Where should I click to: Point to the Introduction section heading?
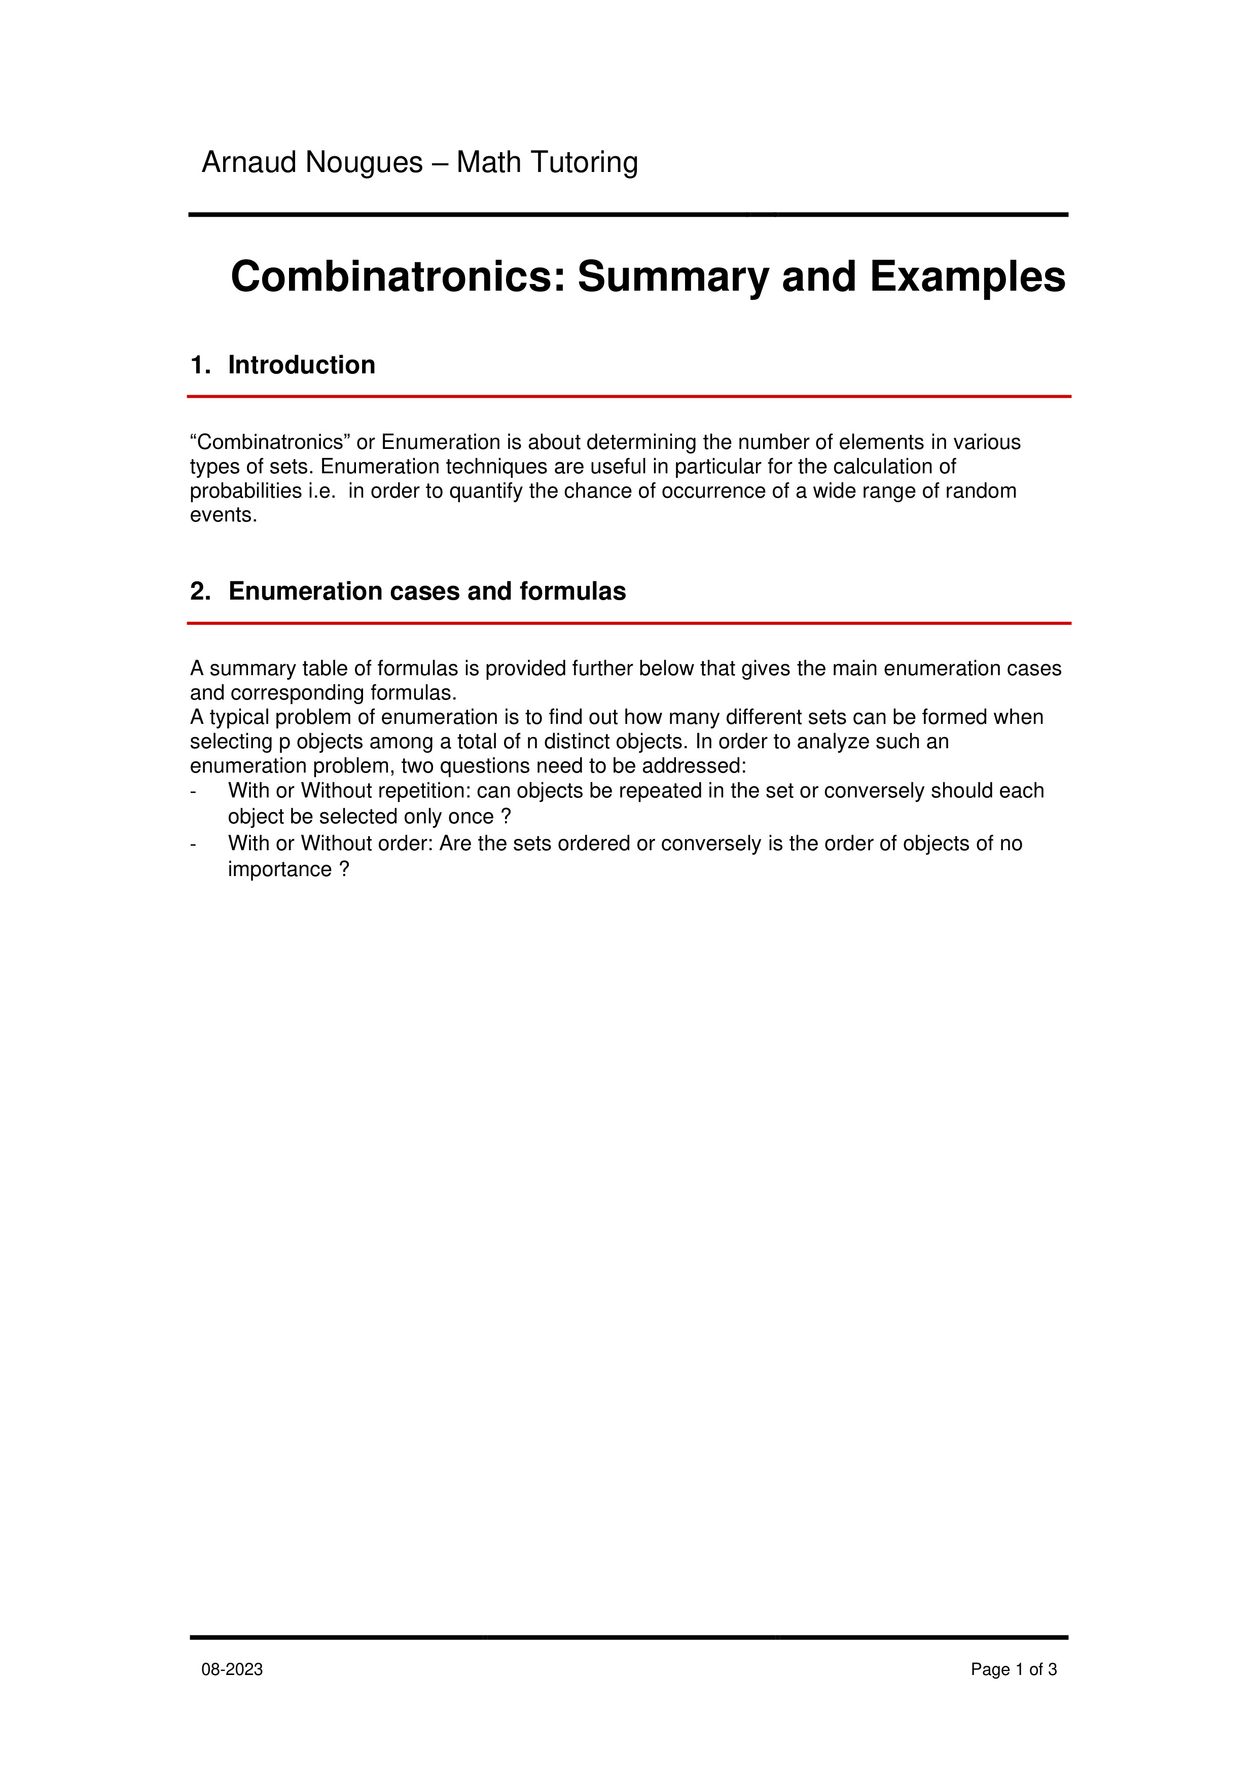pos(301,365)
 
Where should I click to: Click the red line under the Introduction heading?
pos(628,397)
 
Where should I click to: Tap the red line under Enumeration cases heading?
pos(628,623)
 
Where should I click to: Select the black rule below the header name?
pos(628,215)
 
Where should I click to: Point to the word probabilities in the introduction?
pos(245,491)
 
